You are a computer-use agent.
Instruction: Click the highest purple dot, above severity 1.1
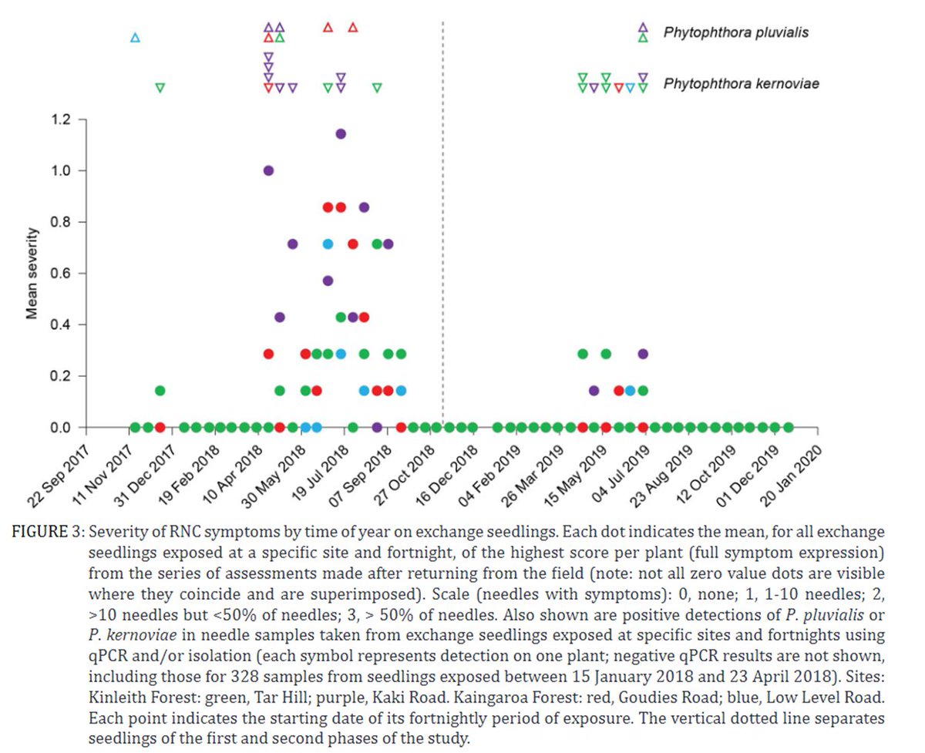[x=341, y=134]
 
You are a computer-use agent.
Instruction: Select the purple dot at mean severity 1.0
[x=268, y=170]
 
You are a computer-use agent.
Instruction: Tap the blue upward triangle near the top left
[x=136, y=38]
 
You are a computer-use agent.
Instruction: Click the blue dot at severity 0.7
[x=328, y=244]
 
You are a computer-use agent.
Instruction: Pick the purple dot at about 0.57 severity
[x=328, y=281]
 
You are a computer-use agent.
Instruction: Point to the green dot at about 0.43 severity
[x=341, y=317]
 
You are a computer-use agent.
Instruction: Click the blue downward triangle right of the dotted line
[x=631, y=88]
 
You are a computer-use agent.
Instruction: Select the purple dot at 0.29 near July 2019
[x=643, y=354]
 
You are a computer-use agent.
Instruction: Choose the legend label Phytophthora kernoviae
[x=741, y=83]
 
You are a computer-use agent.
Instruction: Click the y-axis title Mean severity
[x=32, y=273]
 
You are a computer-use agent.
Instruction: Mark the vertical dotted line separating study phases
[x=443, y=231]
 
